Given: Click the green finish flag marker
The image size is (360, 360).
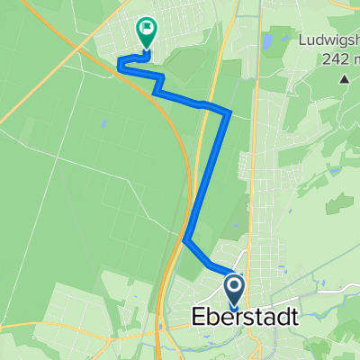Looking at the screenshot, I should coord(145,33).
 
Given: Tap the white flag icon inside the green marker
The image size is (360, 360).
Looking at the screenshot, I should coord(145,30).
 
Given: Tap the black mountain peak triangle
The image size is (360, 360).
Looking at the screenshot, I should coord(344,79).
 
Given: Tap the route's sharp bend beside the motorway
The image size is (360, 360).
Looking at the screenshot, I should coord(186,240).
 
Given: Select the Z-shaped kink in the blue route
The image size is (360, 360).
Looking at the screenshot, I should coord(159,86).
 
